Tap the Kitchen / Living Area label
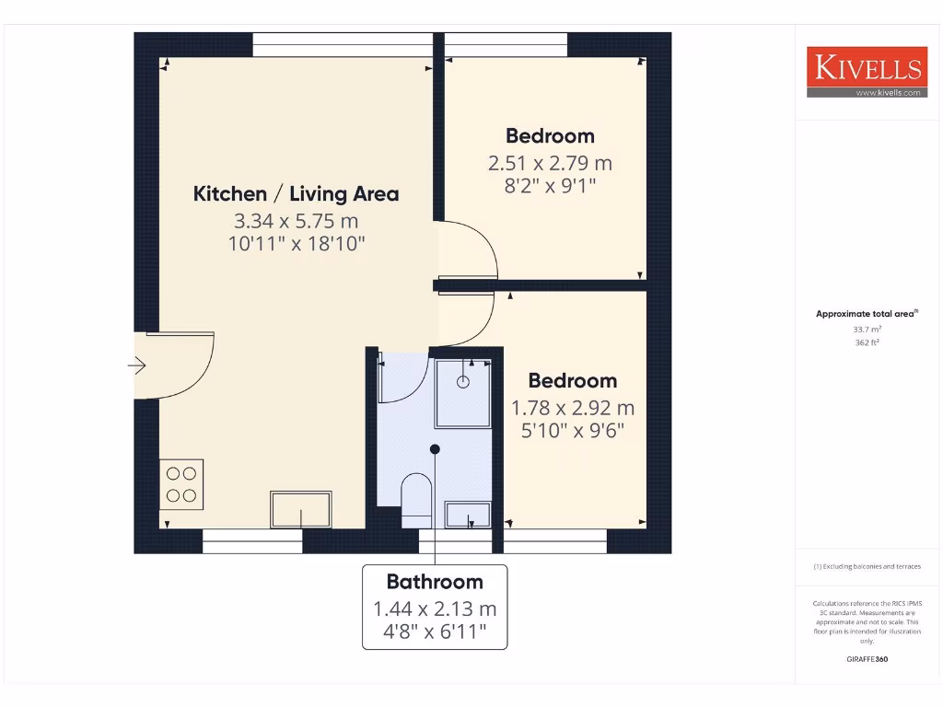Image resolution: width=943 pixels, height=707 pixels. tap(296, 193)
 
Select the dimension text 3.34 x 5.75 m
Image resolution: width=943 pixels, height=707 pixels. tap(296, 221)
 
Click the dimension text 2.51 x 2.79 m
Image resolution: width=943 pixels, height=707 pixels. tap(550, 163)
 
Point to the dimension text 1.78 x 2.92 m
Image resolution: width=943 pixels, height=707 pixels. tap(573, 408)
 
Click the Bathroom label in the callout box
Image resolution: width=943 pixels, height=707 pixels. tap(435, 582)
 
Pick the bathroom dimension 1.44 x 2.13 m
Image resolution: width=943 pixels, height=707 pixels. tap(435, 608)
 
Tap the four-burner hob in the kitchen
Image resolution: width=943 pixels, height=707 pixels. tap(181, 484)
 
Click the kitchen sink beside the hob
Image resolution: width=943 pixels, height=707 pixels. tap(300, 510)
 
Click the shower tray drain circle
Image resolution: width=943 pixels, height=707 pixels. tap(463, 381)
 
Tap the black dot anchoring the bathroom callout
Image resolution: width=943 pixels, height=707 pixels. tap(435, 449)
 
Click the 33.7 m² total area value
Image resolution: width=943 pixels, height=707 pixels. tap(866, 329)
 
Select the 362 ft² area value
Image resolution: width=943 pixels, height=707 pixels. tap(866, 342)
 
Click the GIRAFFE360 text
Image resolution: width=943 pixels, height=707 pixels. tap(866, 659)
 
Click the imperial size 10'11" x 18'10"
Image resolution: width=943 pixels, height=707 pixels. tap(296, 244)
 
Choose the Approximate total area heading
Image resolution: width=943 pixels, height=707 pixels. tap(866, 314)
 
